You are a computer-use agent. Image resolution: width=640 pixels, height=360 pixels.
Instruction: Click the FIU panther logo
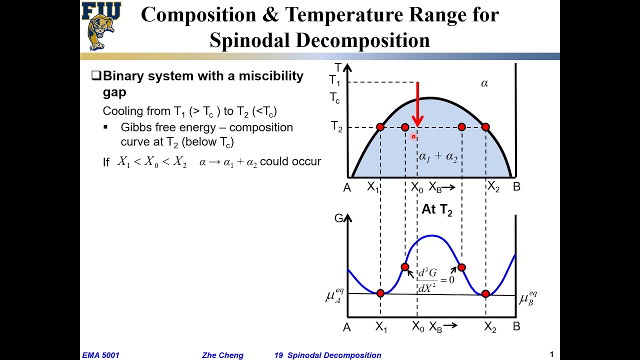[101, 26]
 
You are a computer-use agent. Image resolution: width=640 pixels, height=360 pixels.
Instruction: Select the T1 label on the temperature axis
[334, 80]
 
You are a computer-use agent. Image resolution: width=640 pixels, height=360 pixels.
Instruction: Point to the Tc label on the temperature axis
[334, 97]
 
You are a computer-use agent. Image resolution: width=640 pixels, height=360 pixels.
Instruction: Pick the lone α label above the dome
[484, 83]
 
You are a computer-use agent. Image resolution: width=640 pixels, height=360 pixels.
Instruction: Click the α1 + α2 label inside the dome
[438, 156]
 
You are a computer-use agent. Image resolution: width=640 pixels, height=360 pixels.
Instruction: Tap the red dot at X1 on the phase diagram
[380, 127]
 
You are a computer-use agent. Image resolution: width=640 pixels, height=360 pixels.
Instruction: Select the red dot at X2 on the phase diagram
[485, 127]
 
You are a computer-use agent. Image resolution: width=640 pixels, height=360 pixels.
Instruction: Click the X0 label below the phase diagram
[417, 187]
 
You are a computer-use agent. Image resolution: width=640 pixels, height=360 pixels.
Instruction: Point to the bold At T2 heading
[436, 209]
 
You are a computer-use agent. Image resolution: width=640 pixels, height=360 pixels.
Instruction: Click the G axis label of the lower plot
[339, 218]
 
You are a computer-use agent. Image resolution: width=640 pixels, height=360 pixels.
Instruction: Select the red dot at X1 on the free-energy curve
[380, 293]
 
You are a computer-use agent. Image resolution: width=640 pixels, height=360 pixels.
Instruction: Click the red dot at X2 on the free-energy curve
[485, 293]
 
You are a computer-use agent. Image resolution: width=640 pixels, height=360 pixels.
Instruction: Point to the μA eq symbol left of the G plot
[334, 296]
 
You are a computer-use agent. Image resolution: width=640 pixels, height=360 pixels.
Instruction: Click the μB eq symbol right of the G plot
[528, 298]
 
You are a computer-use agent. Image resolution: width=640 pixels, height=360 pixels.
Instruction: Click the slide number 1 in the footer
[552, 354]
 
